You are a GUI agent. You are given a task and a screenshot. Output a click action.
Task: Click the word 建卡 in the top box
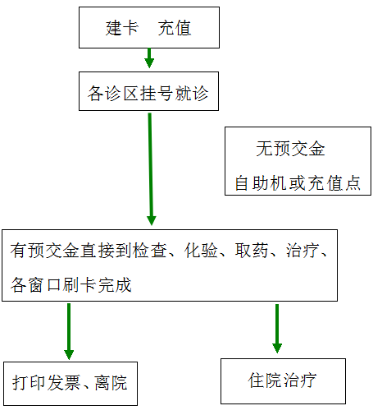click(x=122, y=28)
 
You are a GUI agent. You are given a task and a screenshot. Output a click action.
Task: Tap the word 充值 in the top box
click(x=175, y=28)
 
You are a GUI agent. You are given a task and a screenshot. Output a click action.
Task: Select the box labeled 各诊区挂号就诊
click(x=148, y=91)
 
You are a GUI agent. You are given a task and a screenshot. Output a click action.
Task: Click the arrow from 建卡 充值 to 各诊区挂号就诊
click(x=149, y=58)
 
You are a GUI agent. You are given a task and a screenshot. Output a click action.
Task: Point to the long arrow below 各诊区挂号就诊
click(x=151, y=169)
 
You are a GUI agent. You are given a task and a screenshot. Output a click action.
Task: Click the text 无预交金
click(x=290, y=149)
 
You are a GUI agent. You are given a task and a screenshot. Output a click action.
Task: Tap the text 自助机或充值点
click(x=298, y=182)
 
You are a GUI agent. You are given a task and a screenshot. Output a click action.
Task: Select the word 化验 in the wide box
click(x=201, y=250)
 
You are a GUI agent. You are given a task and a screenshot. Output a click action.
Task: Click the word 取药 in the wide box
click(x=252, y=250)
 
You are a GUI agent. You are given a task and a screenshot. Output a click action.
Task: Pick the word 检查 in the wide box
click(x=150, y=250)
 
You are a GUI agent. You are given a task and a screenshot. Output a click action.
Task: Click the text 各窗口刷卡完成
click(x=71, y=285)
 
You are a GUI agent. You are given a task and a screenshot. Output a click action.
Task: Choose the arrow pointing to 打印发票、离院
click(x=69, y=331)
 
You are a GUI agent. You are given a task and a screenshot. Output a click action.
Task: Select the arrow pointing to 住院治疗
click(x=277, y=329)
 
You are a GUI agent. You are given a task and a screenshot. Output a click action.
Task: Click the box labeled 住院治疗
click(x=283, y=381)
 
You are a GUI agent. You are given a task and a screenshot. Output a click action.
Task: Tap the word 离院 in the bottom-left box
click(x=111, y=382)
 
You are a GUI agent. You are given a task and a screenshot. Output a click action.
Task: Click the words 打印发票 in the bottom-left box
click(x=46, y=382)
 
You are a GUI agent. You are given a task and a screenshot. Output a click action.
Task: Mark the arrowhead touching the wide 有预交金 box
click(x=152, y=220)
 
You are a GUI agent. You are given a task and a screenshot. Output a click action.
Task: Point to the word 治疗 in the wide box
click(x=302, y=250)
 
